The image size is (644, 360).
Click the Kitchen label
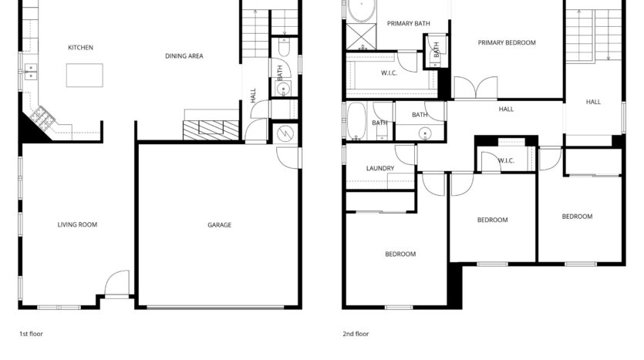80,48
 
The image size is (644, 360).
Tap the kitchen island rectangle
85,75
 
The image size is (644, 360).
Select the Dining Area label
184,56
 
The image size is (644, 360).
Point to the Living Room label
77,224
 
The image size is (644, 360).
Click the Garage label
219,225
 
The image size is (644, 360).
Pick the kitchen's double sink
31,72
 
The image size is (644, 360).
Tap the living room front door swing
117,282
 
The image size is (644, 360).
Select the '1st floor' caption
31,334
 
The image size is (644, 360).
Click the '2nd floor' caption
356,334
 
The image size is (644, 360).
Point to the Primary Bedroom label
507,42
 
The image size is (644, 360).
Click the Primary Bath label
409,24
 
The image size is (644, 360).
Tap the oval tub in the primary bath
362,10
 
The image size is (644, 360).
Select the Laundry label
380,168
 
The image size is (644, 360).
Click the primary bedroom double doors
476,87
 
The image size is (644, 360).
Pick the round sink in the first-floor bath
283,89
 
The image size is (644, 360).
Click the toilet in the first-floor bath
285,47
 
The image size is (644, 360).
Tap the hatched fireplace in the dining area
211,130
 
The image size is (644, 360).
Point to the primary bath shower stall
361,37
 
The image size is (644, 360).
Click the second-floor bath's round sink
425,133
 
